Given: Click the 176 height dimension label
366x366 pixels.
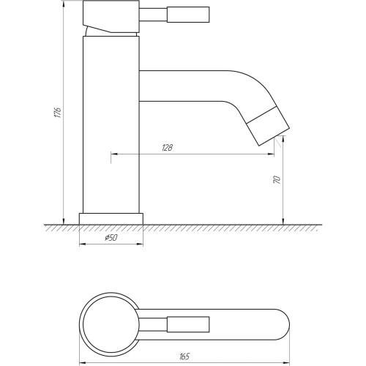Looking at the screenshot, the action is [x=58, y=113].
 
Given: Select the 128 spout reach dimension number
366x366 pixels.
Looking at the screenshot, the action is [x=168, y=148].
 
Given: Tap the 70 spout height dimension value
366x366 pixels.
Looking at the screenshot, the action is [x=277, y=179].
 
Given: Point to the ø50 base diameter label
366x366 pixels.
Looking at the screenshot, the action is [x=111, y=238].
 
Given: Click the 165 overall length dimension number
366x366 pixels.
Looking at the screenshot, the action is [x=184, y=356].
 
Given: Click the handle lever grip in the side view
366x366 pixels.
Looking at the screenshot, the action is [x=188, y=15].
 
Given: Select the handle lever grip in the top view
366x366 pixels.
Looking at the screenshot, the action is [x=188, y=324].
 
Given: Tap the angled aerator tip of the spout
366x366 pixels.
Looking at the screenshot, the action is [x=268, y=126].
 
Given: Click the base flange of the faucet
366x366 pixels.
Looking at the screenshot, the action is [x=111, y=219].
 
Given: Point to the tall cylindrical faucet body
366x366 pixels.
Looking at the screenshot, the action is [x=111, y=124].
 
